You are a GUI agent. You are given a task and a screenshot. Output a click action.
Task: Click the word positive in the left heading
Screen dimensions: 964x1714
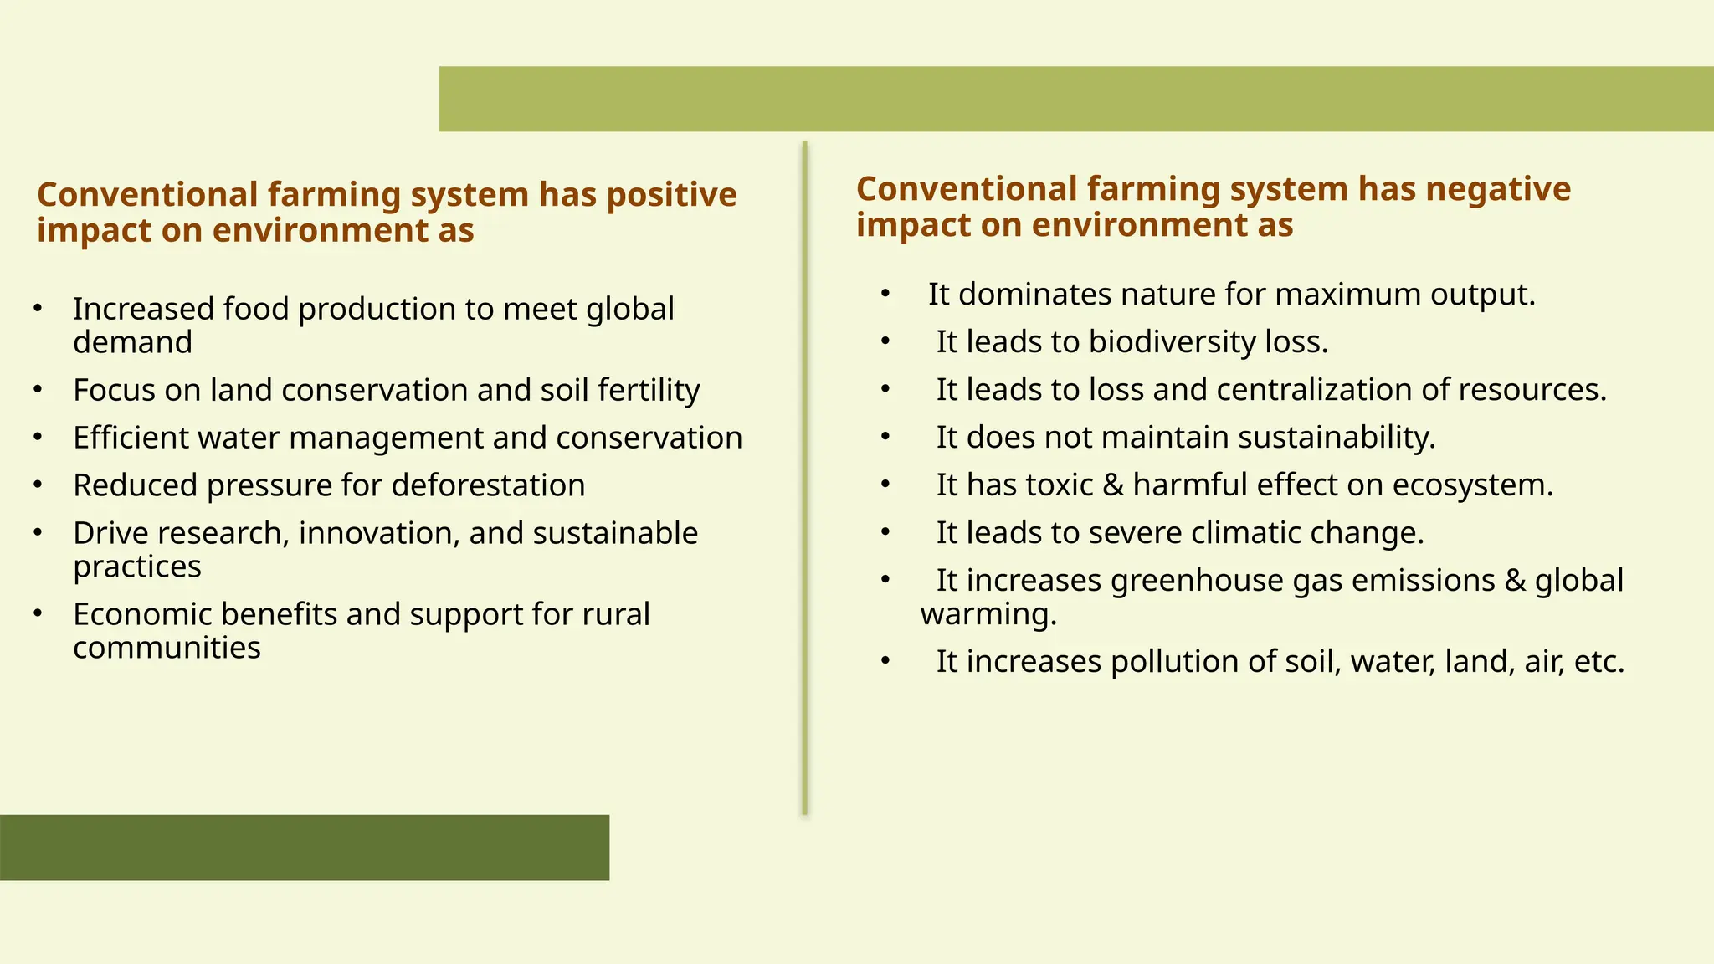pyautogui.click(x=670, y=195)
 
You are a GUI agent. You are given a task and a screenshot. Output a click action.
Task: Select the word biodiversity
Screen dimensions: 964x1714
pyautogui.click(x=1172, y=342)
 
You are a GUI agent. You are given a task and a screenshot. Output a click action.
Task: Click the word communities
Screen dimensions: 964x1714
pyautogui.click(x=167, y=648)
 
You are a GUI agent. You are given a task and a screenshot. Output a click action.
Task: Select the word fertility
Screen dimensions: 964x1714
pyautogui.click(x=649, y=391)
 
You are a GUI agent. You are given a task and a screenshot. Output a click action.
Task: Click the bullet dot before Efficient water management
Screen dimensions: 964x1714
pyautogui.click(x=38, y=437)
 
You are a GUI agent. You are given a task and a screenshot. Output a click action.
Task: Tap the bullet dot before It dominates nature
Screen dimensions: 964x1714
pyautogui.click(x=885, y=294)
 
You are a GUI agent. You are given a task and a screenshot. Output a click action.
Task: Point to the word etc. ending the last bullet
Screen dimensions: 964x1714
pyautogui.click(x=1599, y=662)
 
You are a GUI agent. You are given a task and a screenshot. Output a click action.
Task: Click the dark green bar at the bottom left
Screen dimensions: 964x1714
pyautogui.click(x=305, y=847)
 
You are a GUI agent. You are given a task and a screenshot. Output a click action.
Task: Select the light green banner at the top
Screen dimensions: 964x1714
pyautogui.click(x=1075, y=99)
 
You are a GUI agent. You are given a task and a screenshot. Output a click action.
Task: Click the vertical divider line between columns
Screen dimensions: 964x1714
pyautogui.click(x=804, y=477)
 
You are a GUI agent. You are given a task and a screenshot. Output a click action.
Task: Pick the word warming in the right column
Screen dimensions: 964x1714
pyautogui.click(x=988, y=614)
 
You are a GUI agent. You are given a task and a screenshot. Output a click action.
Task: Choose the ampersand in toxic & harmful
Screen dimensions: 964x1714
pyautogui.click(x=1113, y=485)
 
